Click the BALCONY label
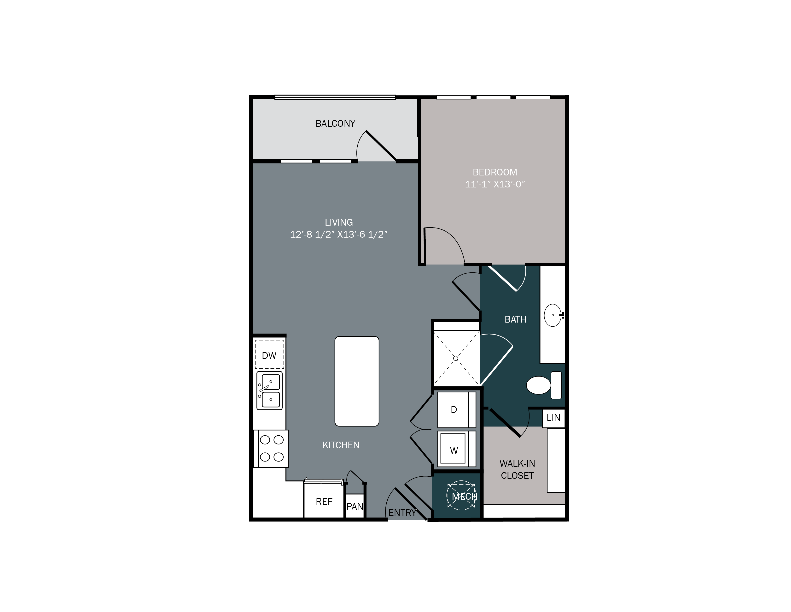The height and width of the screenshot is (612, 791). coord(335,124)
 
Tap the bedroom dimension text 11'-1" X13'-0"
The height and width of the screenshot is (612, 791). coord(495,184)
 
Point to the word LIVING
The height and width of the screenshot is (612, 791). coord(339,222)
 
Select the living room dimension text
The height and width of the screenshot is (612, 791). coord(339,234)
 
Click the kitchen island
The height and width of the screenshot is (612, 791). coord(357,381)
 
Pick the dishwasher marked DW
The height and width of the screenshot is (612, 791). coord(269,355)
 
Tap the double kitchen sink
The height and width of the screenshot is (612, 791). coord(269,390)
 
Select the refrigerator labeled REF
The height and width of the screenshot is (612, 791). coord(324,501)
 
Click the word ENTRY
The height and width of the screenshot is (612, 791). coord(402,513)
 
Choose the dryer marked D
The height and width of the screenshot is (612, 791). coord(454,410)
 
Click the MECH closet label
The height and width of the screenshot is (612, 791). coord(464,496)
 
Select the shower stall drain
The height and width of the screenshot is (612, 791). coord(456,358)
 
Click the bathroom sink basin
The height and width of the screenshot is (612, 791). coord(553,315)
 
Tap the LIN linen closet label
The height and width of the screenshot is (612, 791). coord(553,418)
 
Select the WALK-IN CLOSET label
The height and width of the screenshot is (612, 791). coord(517,469)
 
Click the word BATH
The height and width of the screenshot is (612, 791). coord(515,319)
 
